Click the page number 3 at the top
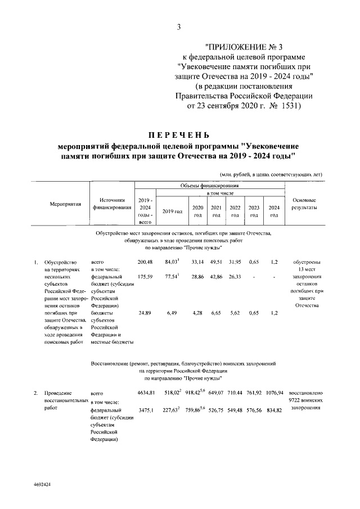pos(179,26)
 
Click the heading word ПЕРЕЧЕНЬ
pos(179,135)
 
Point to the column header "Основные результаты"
pos(304,204)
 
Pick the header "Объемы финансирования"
pos(209,185)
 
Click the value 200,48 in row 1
pos(145,262)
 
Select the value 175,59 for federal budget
pos(145,277)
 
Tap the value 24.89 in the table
pos(145,313)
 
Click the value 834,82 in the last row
pos(274,410)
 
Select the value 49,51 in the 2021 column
pos(217,262)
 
